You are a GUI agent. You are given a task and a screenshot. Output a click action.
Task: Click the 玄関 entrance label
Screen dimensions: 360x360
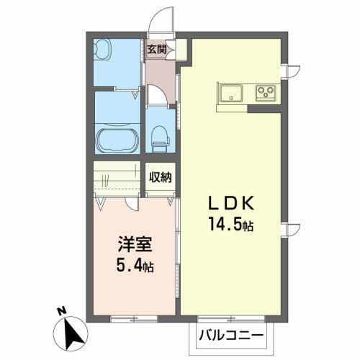[x=157, y=50]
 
